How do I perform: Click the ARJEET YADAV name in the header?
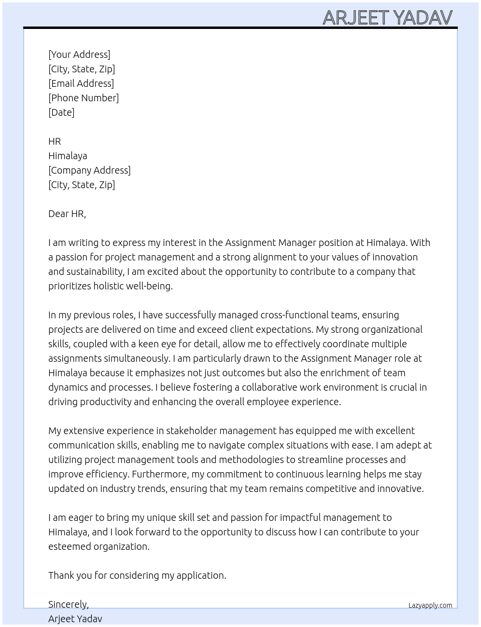click(387, 18)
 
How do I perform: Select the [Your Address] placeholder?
click(79, 55)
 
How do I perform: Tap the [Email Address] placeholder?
click(81, 83)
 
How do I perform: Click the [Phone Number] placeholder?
click(84, 98)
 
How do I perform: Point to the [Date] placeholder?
click(61, 112)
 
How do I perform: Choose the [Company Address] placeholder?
click(89, 170)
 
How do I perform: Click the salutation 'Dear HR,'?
click(67, 214)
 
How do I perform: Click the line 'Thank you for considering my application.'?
click(137, 575)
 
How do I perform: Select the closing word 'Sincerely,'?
click(69, 604)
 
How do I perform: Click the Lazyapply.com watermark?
click(430, 605)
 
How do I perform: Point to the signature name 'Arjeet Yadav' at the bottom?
click(75, 619)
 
